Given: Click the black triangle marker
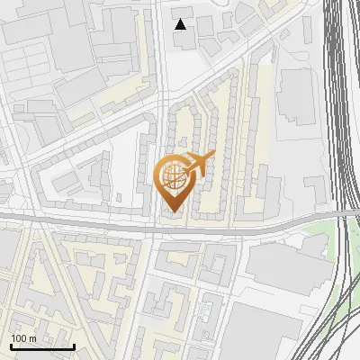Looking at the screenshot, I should [x=181, y=24].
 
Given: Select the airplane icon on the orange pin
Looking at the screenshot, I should [x=197, y=163].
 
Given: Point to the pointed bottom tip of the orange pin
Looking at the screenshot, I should [x=173, y=212].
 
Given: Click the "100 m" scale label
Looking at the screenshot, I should [x=24, y=338].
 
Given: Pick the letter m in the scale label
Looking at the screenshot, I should [x=33, y=338].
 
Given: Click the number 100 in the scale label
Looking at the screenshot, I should [x=19, y=338].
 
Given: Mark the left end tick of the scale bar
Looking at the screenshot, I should [x=11, y=346].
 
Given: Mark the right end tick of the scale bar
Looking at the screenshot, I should [x=74, y=346].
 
